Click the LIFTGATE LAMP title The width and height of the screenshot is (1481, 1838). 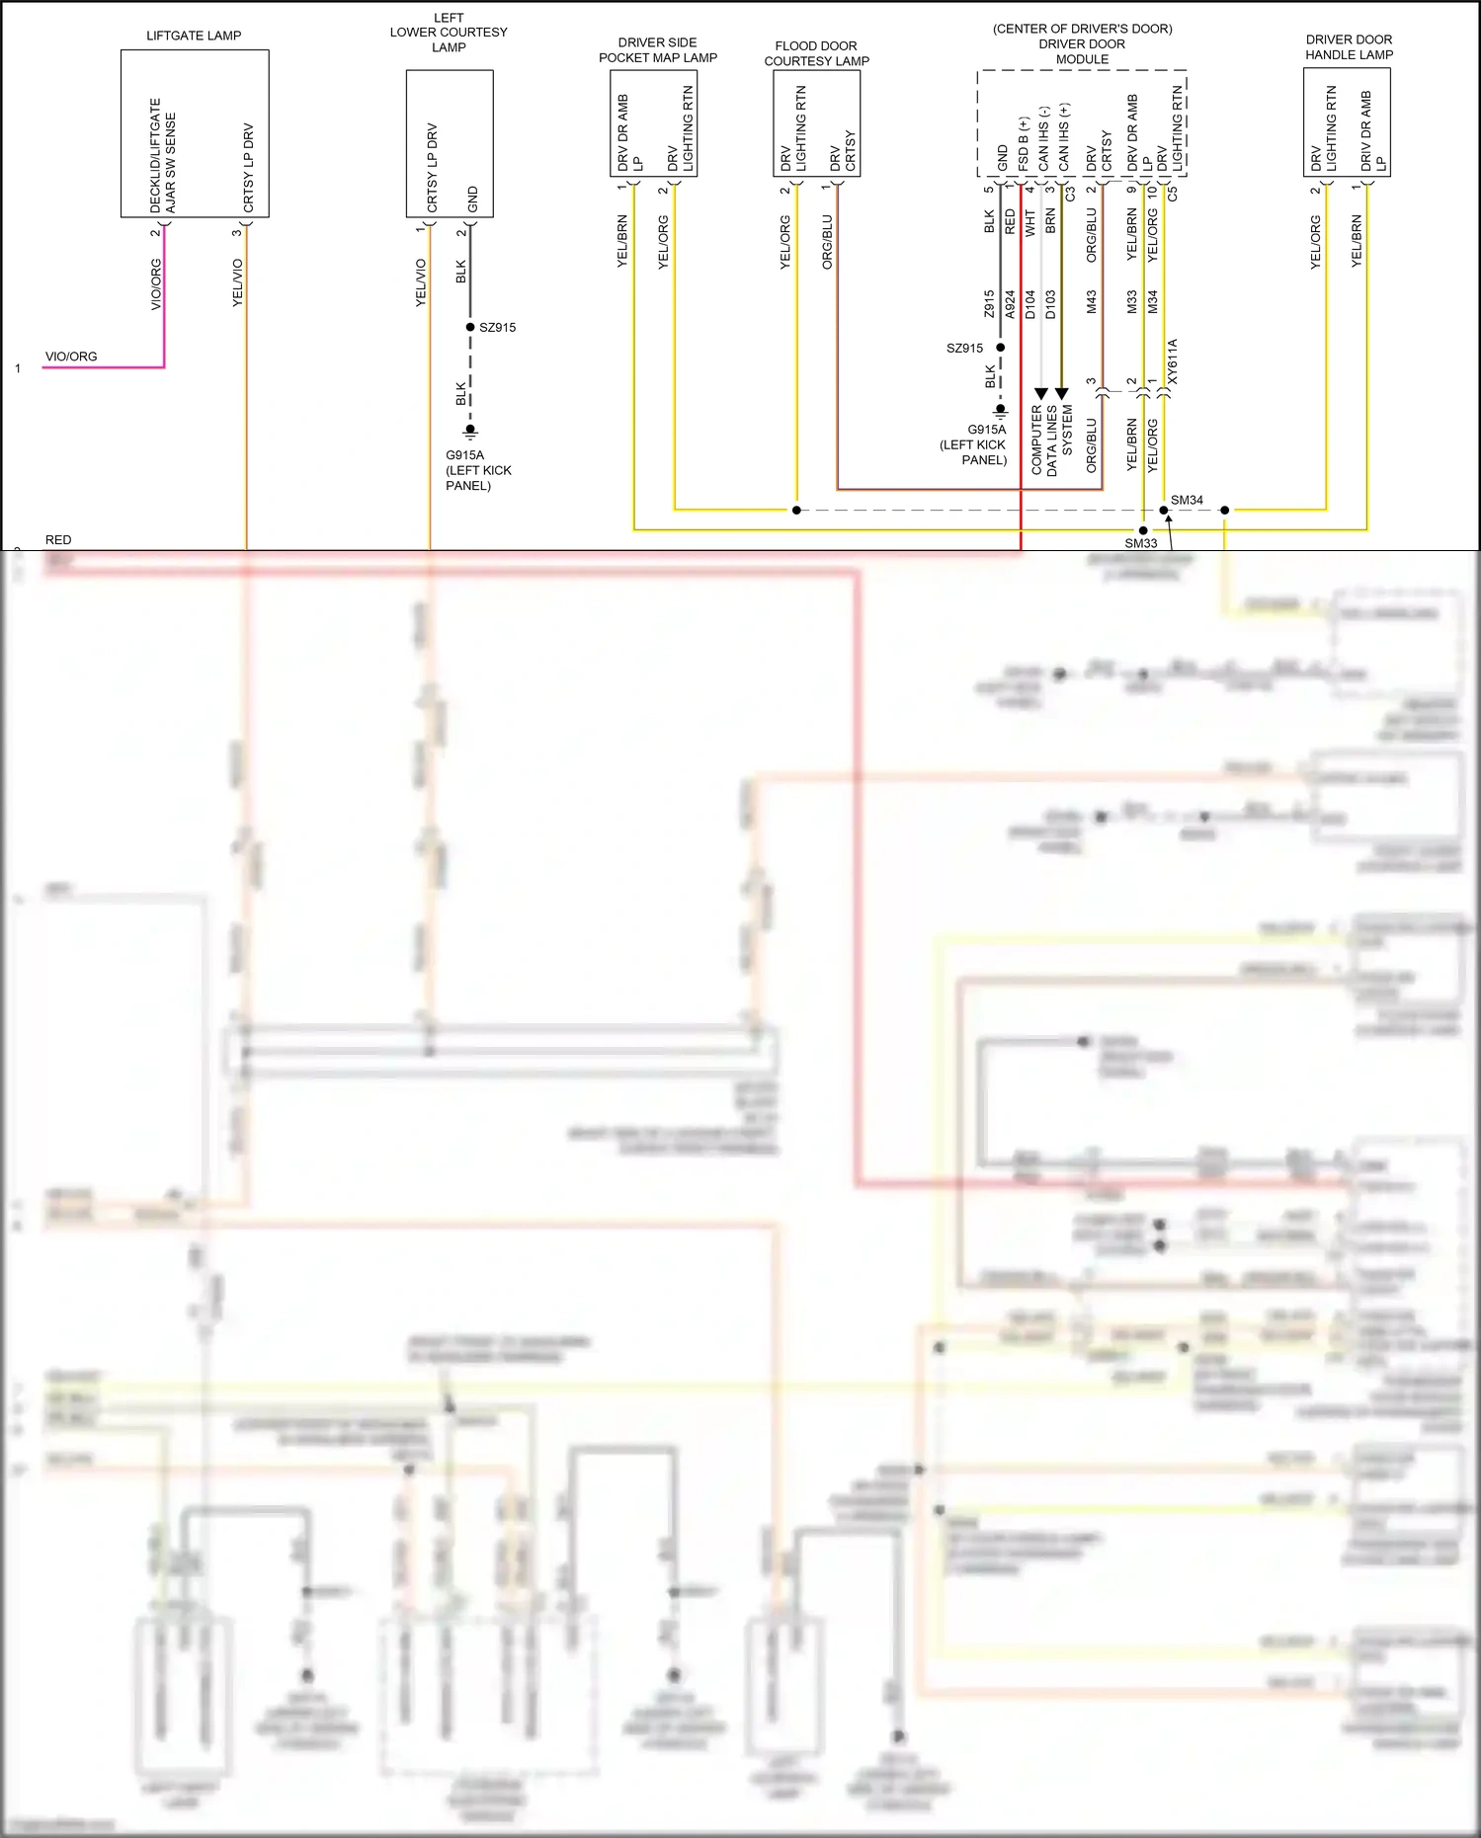coord(194,36)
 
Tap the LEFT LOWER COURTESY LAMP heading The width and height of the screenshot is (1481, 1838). coord(449,33)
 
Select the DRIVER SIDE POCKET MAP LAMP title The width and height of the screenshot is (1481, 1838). coord(658,50)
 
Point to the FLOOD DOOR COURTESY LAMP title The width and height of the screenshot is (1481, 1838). coord(816,53)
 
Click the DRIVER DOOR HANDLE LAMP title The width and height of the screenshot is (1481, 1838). coord(1349,47)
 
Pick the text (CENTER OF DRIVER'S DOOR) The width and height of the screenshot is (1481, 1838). coord(1082,29)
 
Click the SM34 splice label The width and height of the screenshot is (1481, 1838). coord(1187,500)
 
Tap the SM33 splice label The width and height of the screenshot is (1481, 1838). coord(1140,543)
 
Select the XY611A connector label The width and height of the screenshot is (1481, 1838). coord(1173,361)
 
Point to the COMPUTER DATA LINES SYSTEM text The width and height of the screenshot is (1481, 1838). coord(1051,440)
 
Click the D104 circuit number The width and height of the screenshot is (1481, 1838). coord(1030,303)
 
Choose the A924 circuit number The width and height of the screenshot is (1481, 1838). coord(1010,303)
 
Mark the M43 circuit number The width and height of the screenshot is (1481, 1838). coord(1092,302)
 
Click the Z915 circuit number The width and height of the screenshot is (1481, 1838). coord(989,303)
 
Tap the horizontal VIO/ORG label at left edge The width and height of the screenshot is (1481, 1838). coord(71,357)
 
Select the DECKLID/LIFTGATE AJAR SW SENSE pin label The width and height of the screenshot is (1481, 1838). coord(163,155)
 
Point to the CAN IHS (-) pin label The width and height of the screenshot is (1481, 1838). coord(1043,138)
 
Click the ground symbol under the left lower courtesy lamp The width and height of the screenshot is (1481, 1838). coord(471,431)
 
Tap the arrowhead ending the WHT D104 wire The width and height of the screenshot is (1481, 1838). coord(1040,394)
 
